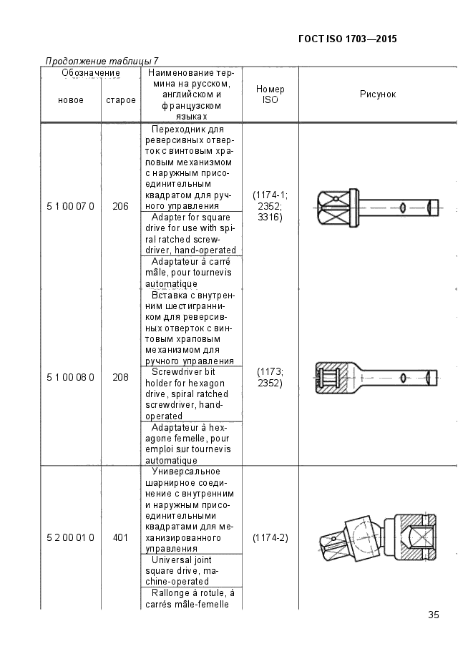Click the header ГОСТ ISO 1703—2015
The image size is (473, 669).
tap(348, 39)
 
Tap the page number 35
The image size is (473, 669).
tap(434, 615)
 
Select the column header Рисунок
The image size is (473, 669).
tap(378, 94)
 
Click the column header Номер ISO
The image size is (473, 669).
tap(270, 94)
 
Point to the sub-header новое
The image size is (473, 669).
tap(71, 100)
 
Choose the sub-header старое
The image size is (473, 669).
tap(121, 100)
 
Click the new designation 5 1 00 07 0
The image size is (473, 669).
tap(70, 207)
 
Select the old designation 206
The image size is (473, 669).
tap(121, 207)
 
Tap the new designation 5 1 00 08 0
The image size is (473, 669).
tap(70, 377)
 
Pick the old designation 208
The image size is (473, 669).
tap(121, 377)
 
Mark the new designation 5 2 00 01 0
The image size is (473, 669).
tap(70, 537)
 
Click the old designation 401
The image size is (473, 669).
tap(121, 537)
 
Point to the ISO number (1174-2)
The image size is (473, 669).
tap(270, 537)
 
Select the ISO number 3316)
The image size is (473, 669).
tap(270, 218)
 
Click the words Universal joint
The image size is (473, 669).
tap(181, 560)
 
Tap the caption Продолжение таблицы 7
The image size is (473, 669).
tap(102, 61)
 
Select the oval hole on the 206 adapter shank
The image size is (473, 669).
tap(401, 207)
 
